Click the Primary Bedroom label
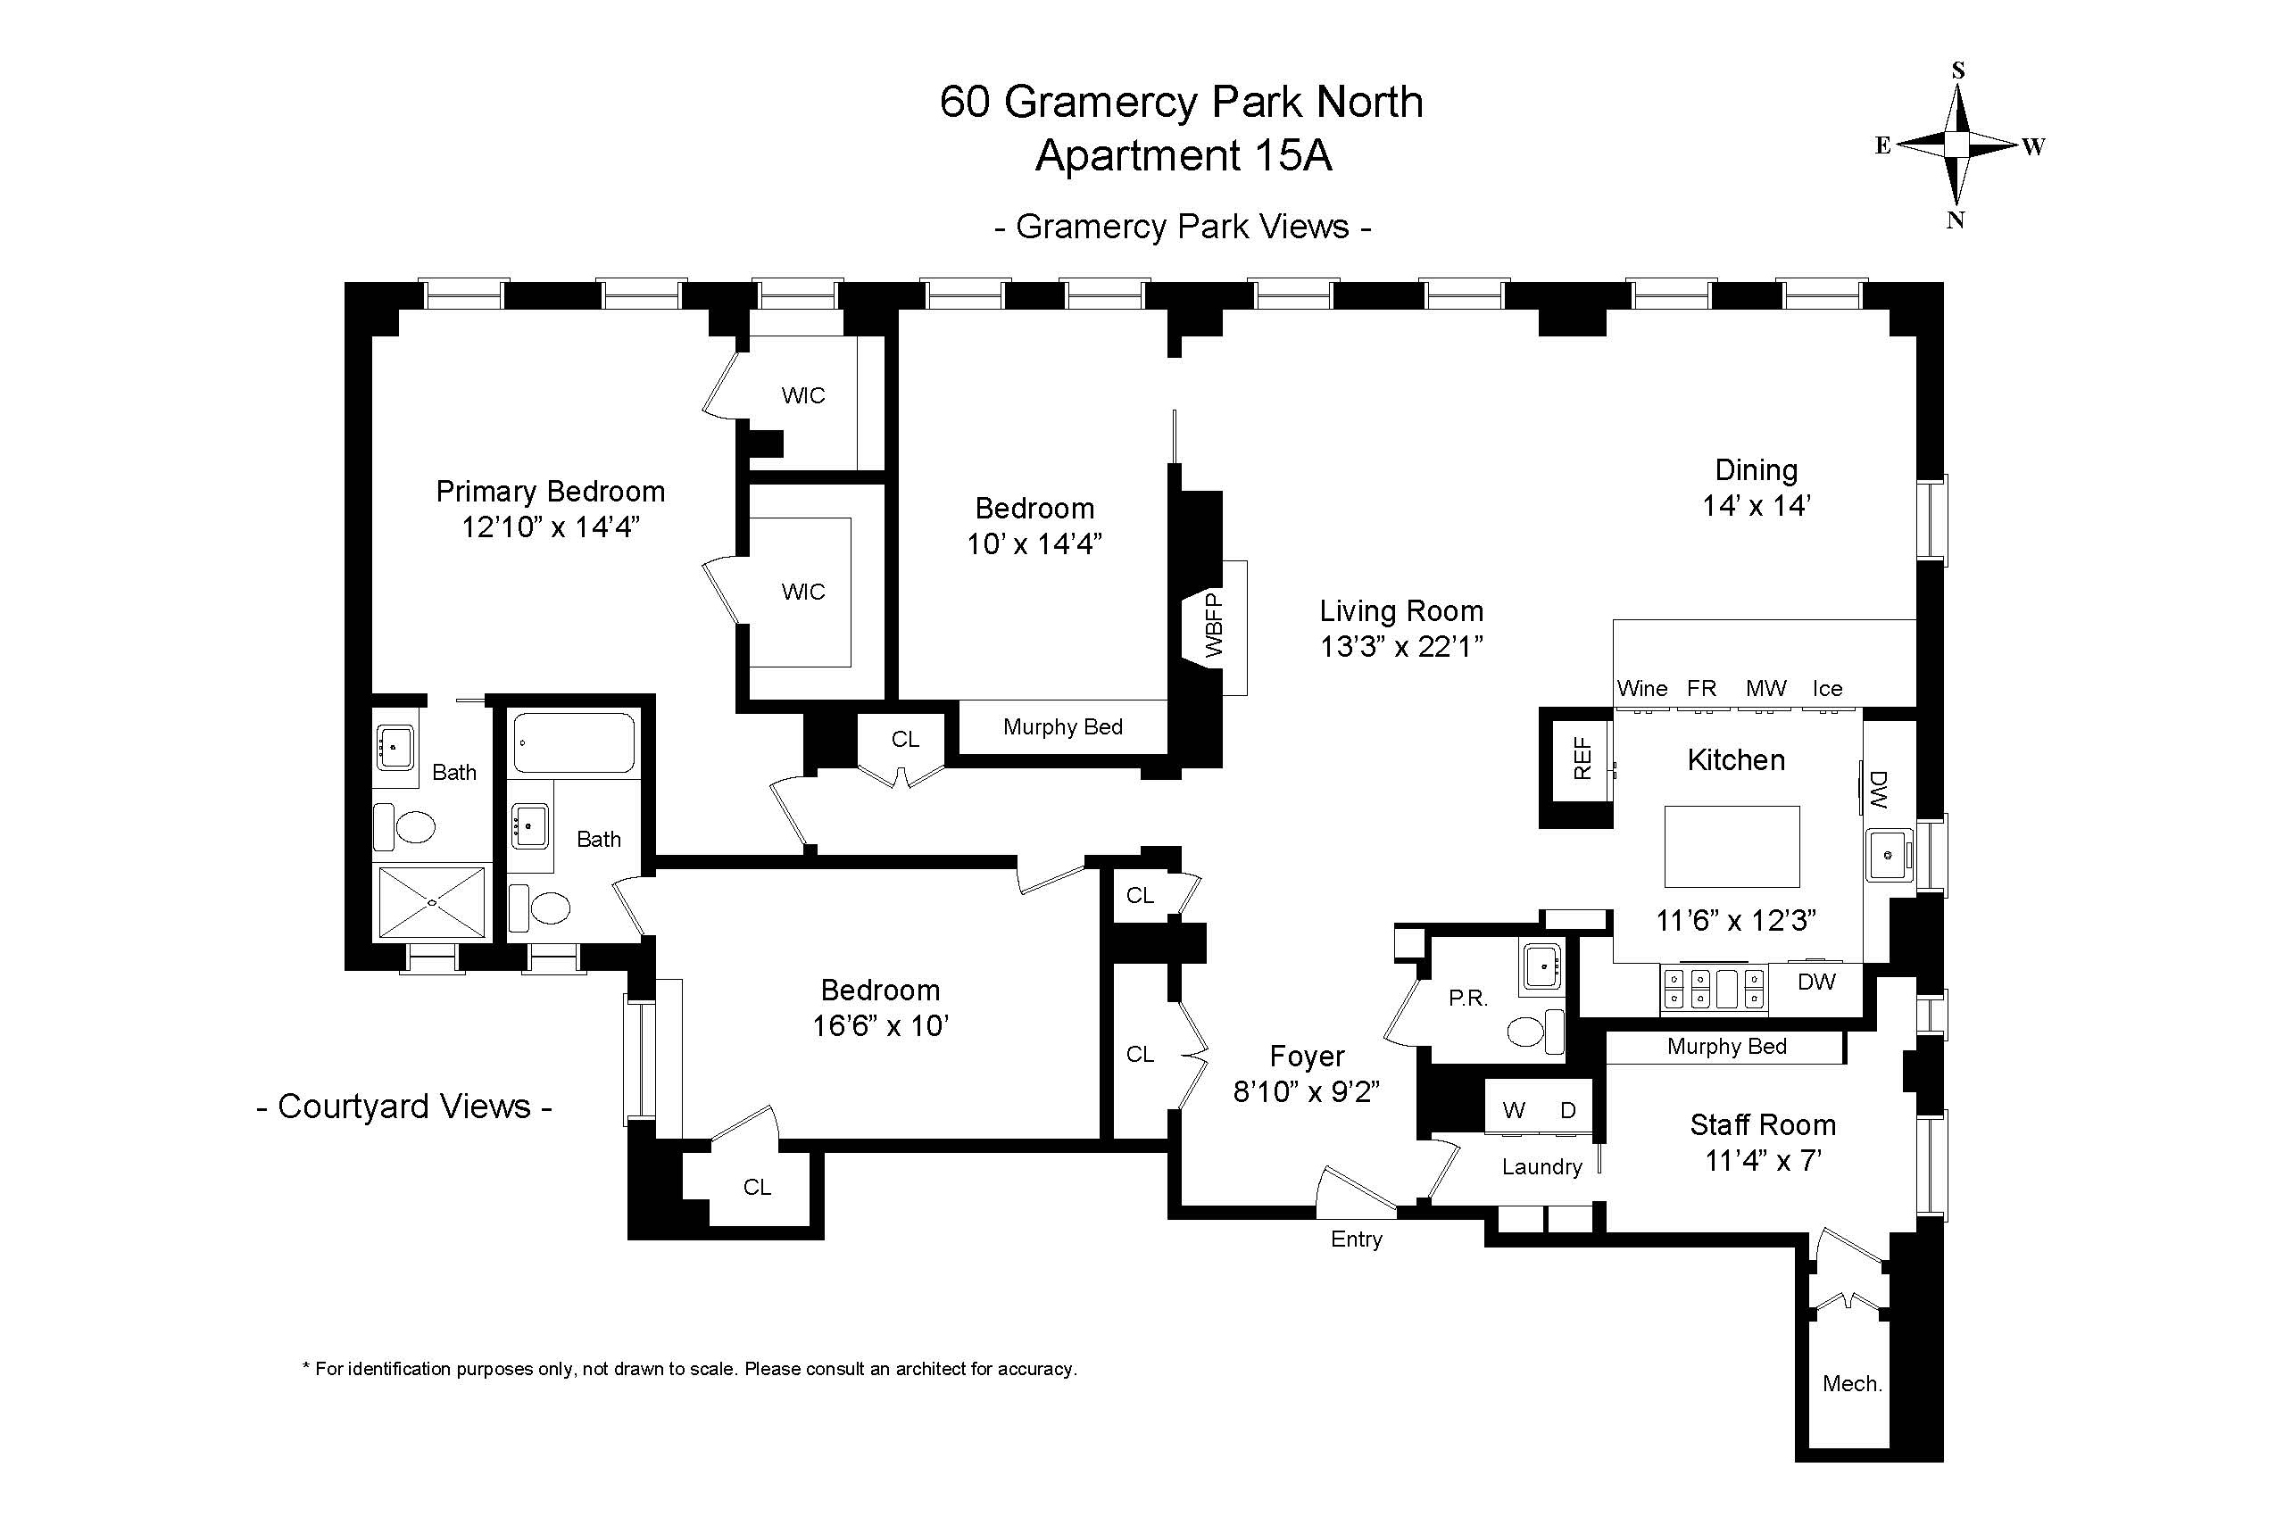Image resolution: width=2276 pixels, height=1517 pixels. coord(551,492)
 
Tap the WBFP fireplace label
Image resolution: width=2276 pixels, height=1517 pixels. coord(1215,626)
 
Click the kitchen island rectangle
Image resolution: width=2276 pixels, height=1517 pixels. coord(1732,847)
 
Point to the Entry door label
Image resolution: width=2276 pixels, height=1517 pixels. coord(1356,1239)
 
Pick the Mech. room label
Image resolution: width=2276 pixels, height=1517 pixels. coord(1852,1383)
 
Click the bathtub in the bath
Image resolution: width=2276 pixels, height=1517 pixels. coord(574,743)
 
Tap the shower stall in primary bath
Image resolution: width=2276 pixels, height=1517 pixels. coord(432,901)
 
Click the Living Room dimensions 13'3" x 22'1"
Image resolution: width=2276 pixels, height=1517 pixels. coord(1401,646)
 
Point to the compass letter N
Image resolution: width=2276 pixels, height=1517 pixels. coord(1956,220)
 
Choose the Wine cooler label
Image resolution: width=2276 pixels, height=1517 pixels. coord(1642,689)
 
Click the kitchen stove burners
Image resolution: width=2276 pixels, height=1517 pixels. coord(1714,989)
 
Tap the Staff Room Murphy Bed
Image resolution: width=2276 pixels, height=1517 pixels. coord(1726,1047)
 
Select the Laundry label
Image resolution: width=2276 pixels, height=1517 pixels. coord(1541,1167)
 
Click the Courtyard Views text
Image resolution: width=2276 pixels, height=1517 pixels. coord(404,1106)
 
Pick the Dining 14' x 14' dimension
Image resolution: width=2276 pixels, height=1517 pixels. coord(1757,505)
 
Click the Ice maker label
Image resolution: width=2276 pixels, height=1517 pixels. coord(1827,689)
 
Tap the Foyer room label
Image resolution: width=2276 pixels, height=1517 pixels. coord(1307,1057)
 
